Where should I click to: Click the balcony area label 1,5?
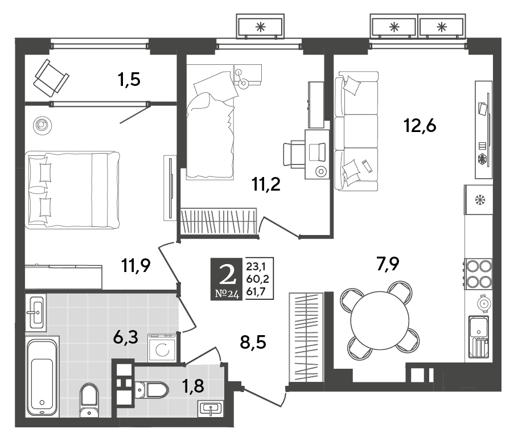(x=129, y=80)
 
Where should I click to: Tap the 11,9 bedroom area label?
(x=136, y=265)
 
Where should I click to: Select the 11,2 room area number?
(x=266, y=184)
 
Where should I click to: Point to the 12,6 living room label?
(x=420, y=126)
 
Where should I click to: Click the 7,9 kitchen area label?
(x=388, y=263)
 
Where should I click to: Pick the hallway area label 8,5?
(x=253, y=342)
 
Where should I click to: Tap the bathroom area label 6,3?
(x=125, y=337)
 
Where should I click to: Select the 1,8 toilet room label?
(x=194, y=386)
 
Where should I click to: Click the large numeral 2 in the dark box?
(x=228, y=275)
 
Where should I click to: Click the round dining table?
(x=380, y=320)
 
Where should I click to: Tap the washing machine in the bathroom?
(x=162, y=348)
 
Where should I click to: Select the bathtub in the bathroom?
(x=42, y=377)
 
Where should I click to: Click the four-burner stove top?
(x=478, y=274)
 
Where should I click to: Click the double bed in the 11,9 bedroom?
(x=72, y=189)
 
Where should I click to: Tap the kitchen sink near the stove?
(x=478, y=336)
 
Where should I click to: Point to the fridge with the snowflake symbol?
(x=478, y=200)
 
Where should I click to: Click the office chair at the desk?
(x=294, y=153)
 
